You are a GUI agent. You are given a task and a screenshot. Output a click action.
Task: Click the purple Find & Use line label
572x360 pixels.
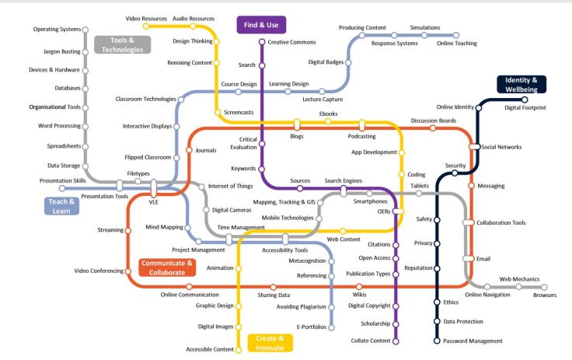click(x=258, y=24)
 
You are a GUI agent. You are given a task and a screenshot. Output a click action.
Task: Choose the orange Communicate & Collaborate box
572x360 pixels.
click(x=166, y=268)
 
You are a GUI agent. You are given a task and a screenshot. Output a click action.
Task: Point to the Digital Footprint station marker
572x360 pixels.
click(x=525, y=100)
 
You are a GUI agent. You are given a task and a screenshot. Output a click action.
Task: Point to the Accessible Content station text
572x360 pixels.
click(x=209, y=350)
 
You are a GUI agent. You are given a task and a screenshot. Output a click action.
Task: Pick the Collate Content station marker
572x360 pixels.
click(x=396, y=341)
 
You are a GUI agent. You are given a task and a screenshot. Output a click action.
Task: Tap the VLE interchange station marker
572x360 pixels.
click(x=154, y=187)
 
